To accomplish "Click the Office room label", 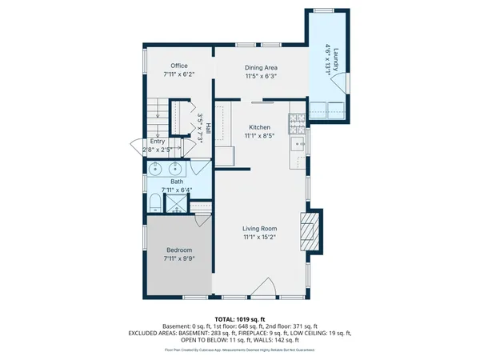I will click(x=178, y=66).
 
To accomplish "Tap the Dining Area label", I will click(x=261, y=68).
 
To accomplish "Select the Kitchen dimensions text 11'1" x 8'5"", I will click(x=260, y=136).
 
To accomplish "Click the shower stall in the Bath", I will click(x=174, y=204).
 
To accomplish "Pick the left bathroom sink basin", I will click(x=155, y=169).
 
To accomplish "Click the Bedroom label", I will click(x=178, y=250).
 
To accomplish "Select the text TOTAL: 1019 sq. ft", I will click(x=240, y=318).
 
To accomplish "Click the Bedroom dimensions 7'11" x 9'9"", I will click(x=178, y=258).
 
